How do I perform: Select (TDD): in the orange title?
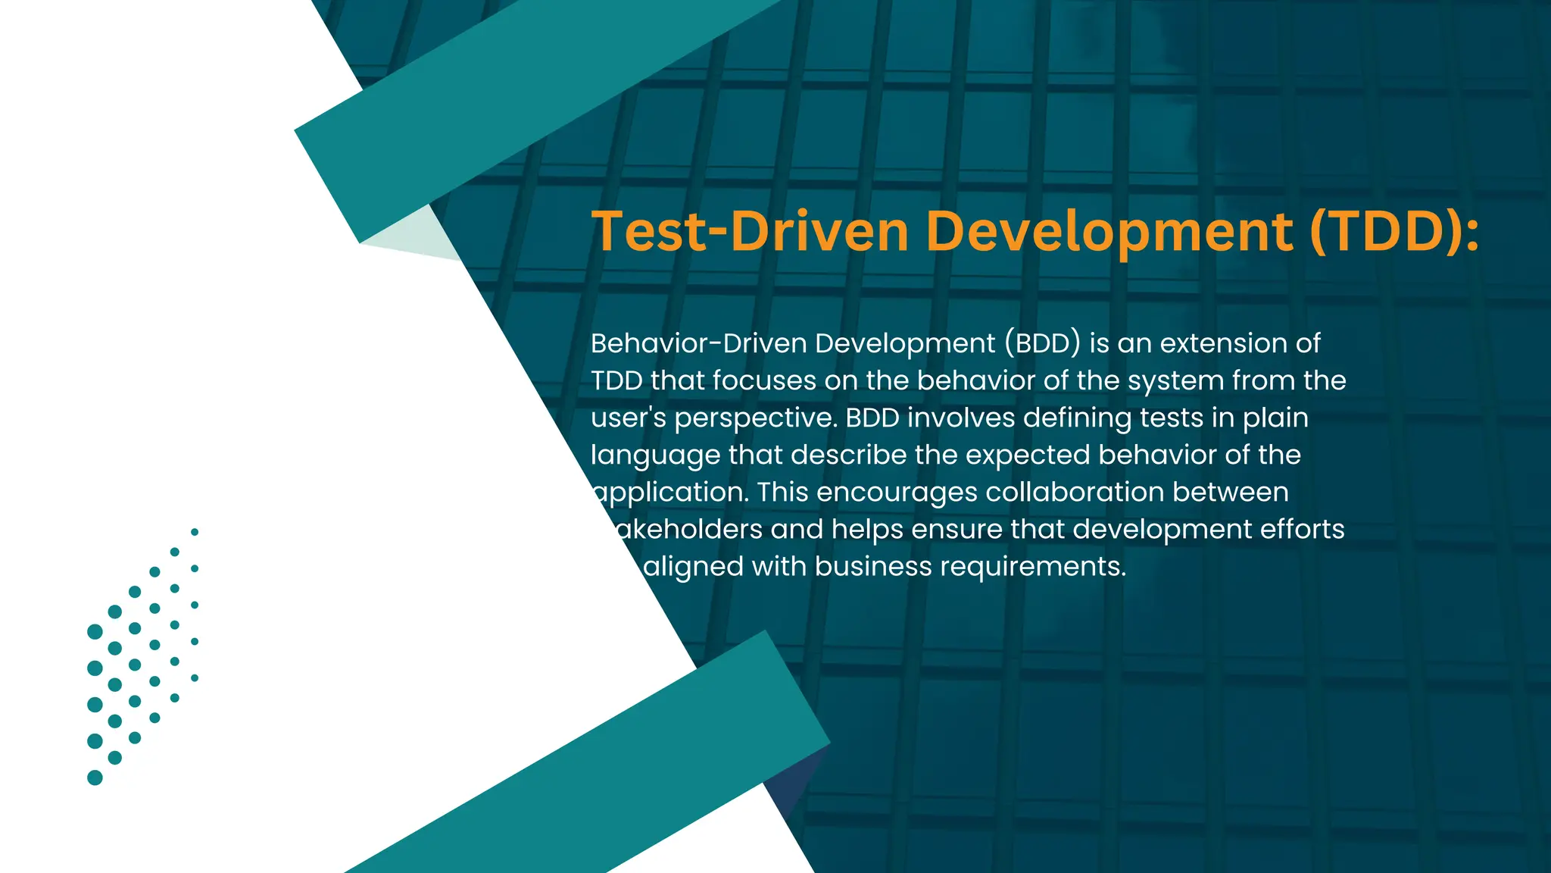click(1393, 231)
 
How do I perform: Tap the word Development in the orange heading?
click(1109, 231)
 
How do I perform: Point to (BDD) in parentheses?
click(1043, 343)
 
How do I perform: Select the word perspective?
click(756, 418)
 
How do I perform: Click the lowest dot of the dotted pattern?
click(95, 778)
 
